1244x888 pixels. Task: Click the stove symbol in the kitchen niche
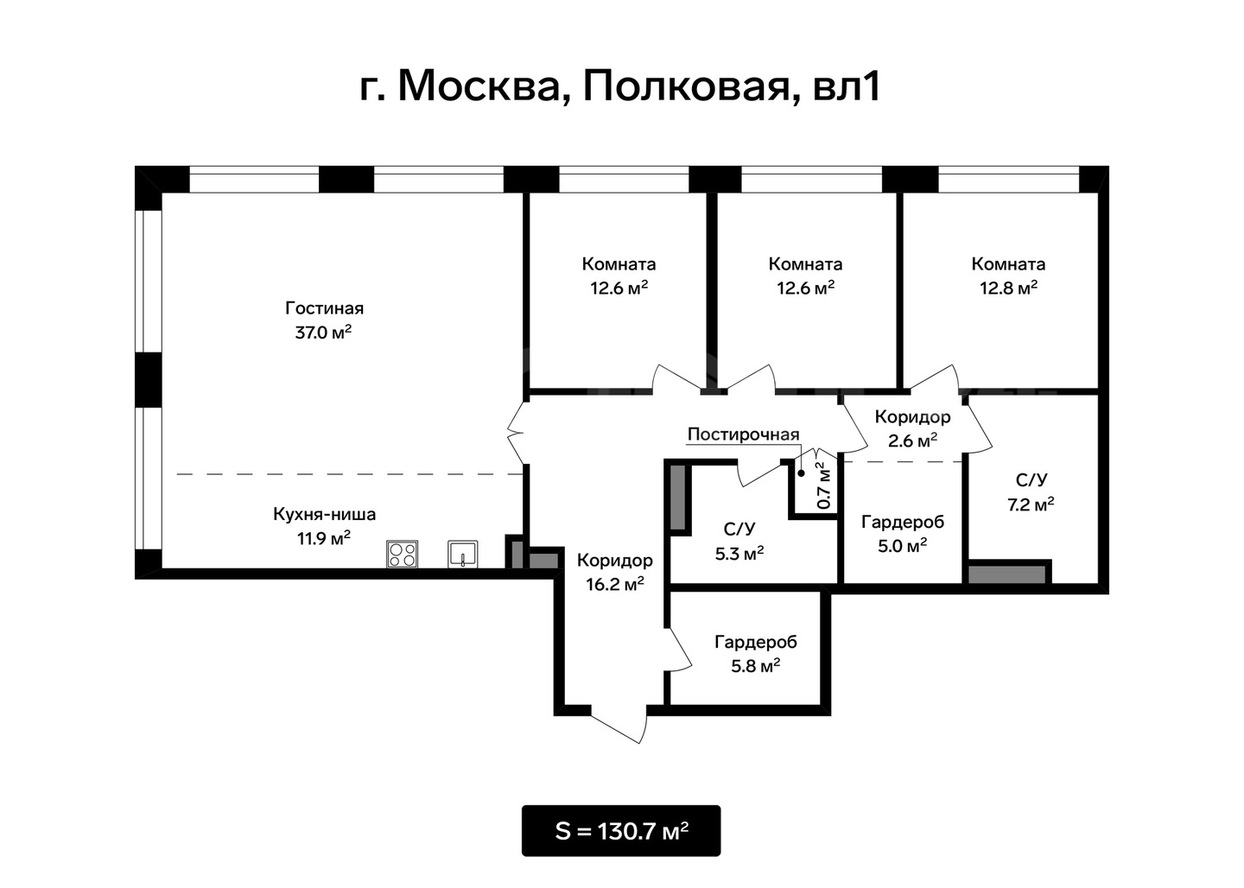pyautogui.click(x=402, y=554)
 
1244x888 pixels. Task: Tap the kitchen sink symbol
pyautogui.click(x=463, y=554)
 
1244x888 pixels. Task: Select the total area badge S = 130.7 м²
pyautogui.click(x=621, y=831)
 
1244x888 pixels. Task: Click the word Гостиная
pyautogui.click(x=324, y=308)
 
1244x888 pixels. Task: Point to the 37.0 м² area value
pyautogui.click(x=323, y=332)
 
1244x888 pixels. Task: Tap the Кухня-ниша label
pyautogui.click(x=324, y=514)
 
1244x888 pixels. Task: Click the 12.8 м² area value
pyautogui.click(x=1008, y=289)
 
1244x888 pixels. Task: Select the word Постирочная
pyautogui.click(x=744, y=434)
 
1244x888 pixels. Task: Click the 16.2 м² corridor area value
pyautogui.click(x=615, y=584)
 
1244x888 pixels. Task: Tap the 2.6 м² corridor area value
pyautogui.click(x=912, y=441)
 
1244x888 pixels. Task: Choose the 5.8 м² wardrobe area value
pyautogui.click(x=755, y=666)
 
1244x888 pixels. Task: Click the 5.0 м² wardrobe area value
pyautogui.click(x=902, y=546)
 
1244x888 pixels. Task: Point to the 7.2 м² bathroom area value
pyautogui.click(x=1031, y=504)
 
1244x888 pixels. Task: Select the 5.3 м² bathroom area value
pyautogui.click(x=739, y=554)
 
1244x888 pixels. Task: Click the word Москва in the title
pyautogui.click(x=479, y=86)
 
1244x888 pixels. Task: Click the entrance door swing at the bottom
pyautogui.click(x=620, y=726)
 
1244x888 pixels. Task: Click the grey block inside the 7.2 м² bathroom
pyautogui.click(x=1007, y=574)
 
